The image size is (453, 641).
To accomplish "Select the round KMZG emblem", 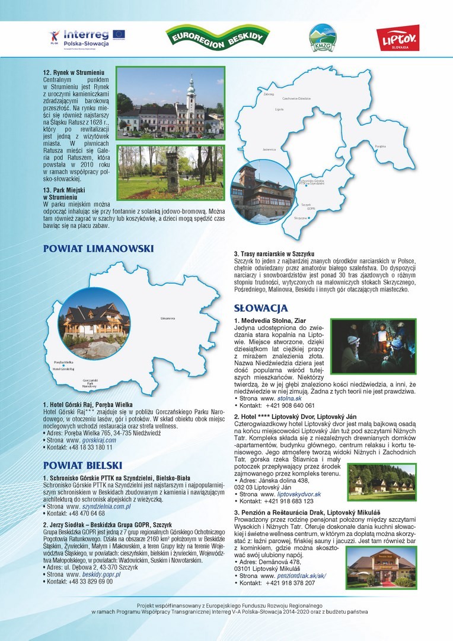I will pyautogui.click(x=321, y=37).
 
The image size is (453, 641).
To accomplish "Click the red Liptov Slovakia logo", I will pyautogui.click(x=397, y=37).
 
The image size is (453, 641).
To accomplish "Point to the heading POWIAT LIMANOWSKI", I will pyautogui.click(x=98, y=249).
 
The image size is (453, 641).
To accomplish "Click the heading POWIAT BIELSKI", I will pyautogui.click(x=82, y=465).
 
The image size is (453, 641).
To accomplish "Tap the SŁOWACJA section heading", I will pyautogui.click(x=261, y=309).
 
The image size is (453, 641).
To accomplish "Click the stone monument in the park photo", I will pyautogui.click(x=173, y=170).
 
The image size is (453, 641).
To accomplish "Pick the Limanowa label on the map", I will pyautogui.click(x=167, y=319).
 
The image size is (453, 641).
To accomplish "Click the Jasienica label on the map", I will pyautogui.click(x=269, y=149).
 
